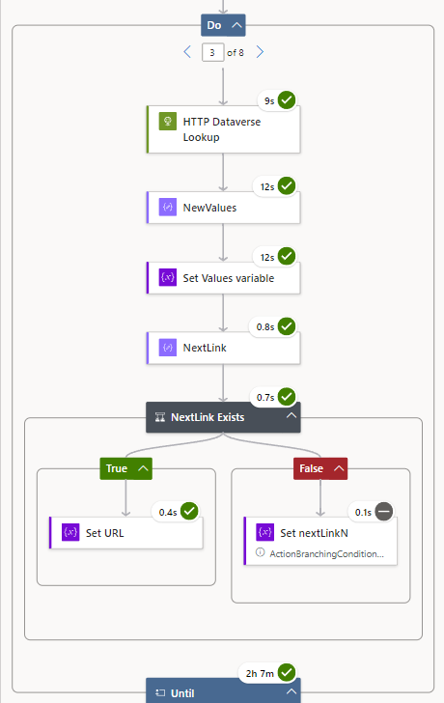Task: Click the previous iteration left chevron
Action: click(x=187, y=52)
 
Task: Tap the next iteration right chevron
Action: click(x=260, y=52)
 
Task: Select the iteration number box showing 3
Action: click(x=212, y=52)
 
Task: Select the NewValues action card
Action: click(x=223, y=207)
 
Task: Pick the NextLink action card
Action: click(x=223, y=347)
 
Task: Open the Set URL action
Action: click(x=125, y=532)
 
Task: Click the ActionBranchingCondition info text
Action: click(x=325, y=553)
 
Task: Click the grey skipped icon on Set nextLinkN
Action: click(x=384, y=511)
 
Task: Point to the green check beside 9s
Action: click(x=287, y=100)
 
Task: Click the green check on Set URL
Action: click(x=189, y=511)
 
